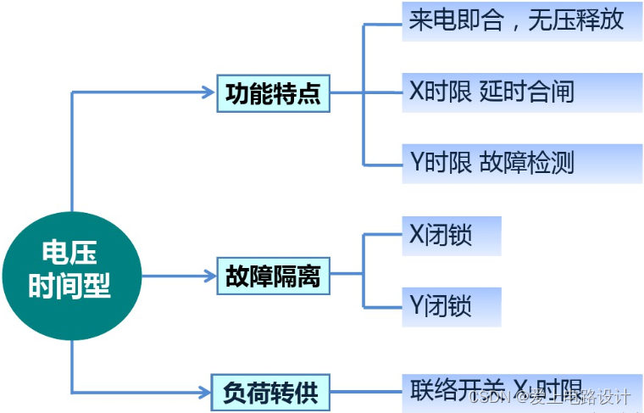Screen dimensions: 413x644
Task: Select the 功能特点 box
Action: coord(273,93)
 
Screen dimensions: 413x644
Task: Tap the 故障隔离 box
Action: coord(273,276)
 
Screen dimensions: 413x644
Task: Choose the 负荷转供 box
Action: coord(273,392)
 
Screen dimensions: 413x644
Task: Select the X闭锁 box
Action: coord(451,236)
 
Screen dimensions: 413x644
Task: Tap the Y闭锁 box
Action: coord(451,306)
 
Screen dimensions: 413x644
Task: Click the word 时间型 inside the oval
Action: coord(70,287)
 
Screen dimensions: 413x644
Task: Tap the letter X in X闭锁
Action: coord(416,236)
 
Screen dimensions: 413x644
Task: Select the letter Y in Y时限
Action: coord(416,162)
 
